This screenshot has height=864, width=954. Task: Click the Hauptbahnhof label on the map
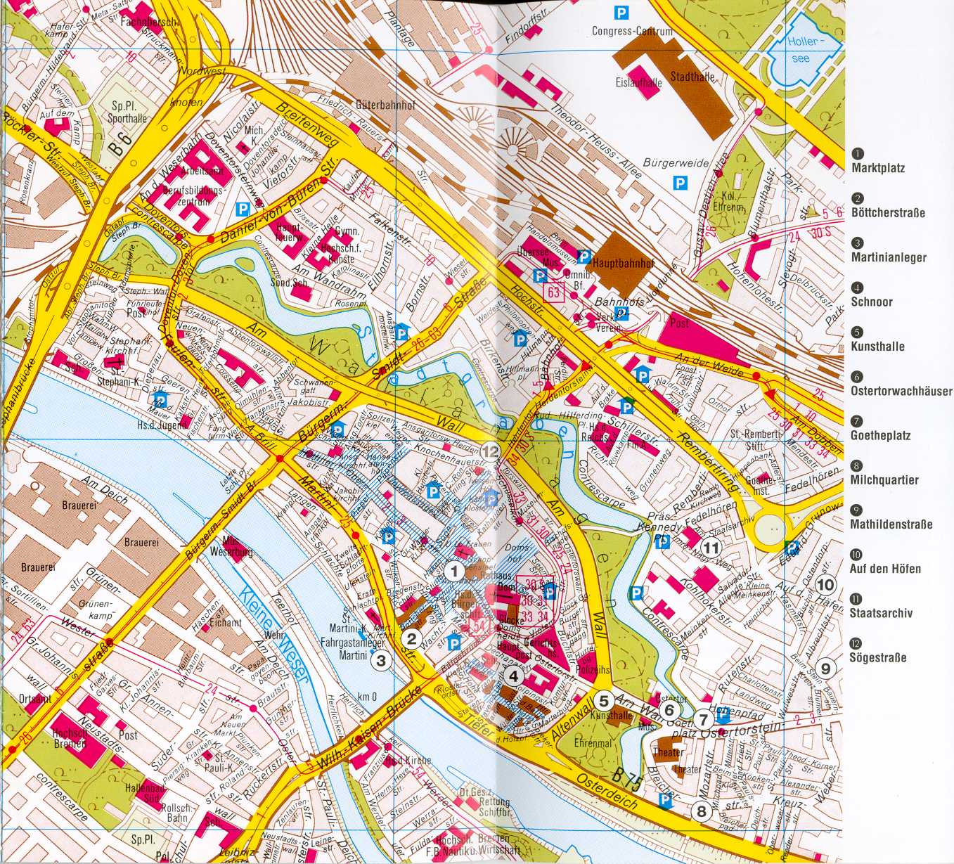(x=623, y=264)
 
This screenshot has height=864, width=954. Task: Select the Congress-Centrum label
(x=632, y=31)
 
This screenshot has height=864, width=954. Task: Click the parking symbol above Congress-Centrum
(x=621, y=11)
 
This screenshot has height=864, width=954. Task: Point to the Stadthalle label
(x=692, y=77)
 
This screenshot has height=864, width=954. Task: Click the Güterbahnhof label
(x=385, y=105)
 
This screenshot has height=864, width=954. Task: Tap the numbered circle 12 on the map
(x=490, y=452)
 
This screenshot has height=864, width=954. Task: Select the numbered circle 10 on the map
(x=825, y=584)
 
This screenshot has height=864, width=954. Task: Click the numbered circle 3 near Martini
(x=381, y=660)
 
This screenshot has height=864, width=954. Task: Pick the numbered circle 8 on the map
(x=701, y=811)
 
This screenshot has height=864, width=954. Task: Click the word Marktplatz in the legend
(x=878, y=168)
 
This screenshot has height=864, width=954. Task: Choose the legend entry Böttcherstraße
(x=888, y=212)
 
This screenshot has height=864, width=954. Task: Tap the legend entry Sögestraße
(x=878, y=657)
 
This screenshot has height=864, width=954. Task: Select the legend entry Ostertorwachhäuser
(x=901, y=390)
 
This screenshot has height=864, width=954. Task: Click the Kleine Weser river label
(x=274, y=635)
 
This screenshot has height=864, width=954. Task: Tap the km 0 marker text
(x=367, y=697)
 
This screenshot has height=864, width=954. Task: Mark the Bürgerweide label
(x=676, y=163)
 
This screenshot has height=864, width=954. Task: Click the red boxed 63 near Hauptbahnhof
(x=554, y=292)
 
